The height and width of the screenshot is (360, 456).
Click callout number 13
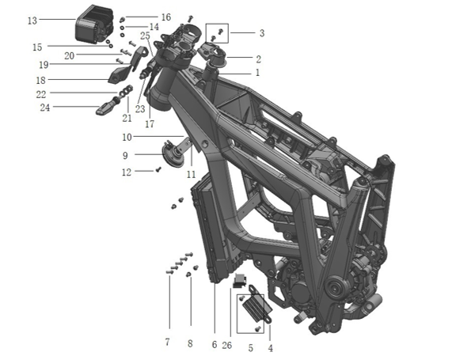coord(32,21)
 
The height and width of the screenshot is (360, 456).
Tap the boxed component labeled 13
coord(94,24)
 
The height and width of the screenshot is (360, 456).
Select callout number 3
coord(262,33)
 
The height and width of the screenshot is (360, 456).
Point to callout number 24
coord(45,108)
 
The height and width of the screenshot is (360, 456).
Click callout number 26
coord(227,345)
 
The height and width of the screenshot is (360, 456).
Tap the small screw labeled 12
coord(158,169)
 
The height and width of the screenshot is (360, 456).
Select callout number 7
coord(167,342)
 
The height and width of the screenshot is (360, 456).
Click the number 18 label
coord(40,80)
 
